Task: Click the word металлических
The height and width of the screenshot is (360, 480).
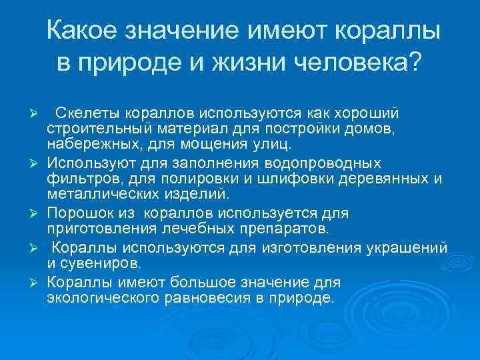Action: pyautogui.click(x=97, y=195)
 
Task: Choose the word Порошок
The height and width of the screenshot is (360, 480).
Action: pyautogui.click(x=74, y=214)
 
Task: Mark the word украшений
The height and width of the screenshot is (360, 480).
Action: pyautogui.click(x=406, y=249)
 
